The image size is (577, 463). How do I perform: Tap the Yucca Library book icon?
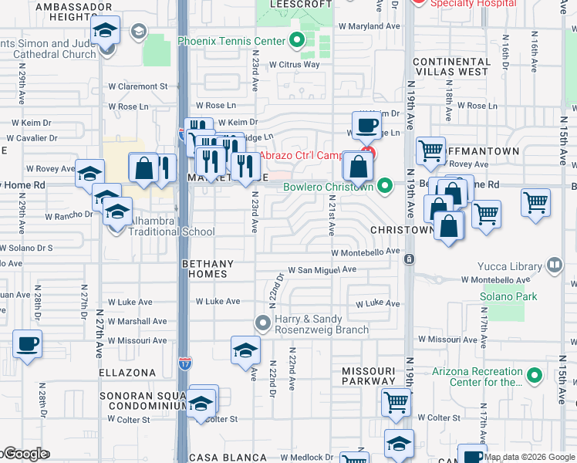point(554,266)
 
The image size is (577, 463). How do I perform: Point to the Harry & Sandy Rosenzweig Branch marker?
point(263,322)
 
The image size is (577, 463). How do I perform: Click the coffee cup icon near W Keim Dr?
point(367,125)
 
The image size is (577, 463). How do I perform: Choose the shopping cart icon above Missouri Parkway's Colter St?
point(396,401)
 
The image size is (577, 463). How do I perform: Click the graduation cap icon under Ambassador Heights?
point(105,32)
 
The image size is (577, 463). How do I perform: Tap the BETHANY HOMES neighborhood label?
point(204,269)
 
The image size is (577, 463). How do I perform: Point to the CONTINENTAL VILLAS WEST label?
point(450,66)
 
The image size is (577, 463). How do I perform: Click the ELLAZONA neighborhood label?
point(127,372)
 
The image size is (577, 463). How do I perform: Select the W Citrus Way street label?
point(295,64)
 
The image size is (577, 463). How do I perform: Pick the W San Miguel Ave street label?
point(322,270)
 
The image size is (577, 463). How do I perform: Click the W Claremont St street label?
point(138,87)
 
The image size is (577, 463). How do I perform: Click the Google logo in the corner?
point(26,455)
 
